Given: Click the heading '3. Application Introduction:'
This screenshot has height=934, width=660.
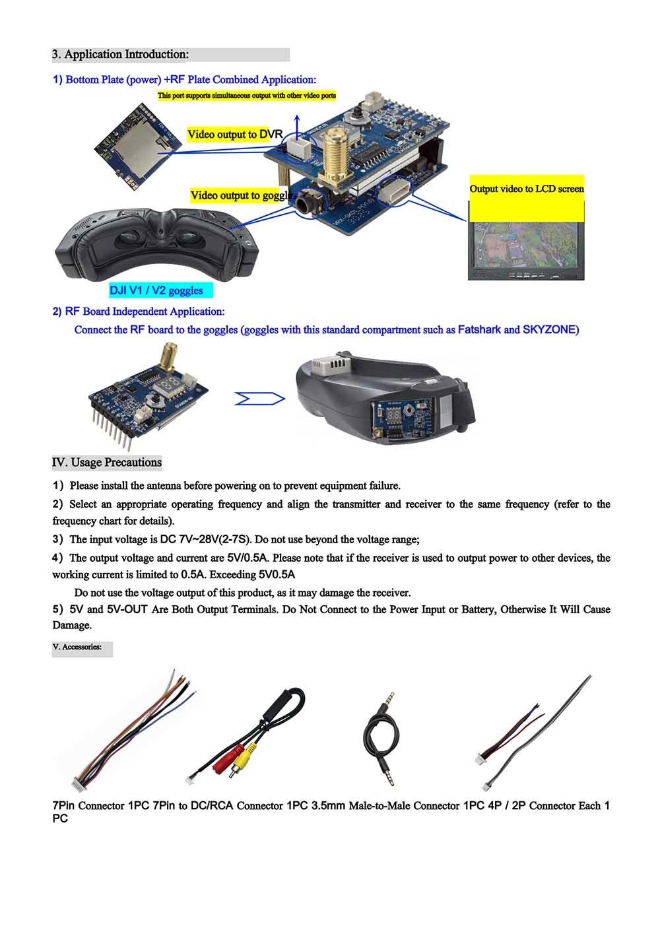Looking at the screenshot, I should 121,54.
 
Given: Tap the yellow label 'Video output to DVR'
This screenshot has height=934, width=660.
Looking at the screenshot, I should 234,135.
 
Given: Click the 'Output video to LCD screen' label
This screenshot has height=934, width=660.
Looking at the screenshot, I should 526,189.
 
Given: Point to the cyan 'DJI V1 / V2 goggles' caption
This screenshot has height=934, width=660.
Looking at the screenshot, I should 156,290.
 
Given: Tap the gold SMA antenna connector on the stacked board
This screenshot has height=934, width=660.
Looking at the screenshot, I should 335,155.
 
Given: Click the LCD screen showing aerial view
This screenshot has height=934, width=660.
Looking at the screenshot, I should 525,244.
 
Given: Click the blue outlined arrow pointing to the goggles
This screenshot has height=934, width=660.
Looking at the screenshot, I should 259,399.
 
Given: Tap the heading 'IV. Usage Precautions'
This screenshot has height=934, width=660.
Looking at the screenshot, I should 107,462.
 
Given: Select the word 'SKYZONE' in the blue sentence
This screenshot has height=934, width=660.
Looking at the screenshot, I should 550,329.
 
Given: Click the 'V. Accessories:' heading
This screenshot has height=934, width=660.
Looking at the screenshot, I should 77,647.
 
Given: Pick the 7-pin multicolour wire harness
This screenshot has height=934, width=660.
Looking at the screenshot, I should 132,733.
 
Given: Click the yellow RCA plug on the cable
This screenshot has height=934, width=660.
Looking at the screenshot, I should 244,755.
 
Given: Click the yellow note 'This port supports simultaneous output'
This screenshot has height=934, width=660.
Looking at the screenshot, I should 246,96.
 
